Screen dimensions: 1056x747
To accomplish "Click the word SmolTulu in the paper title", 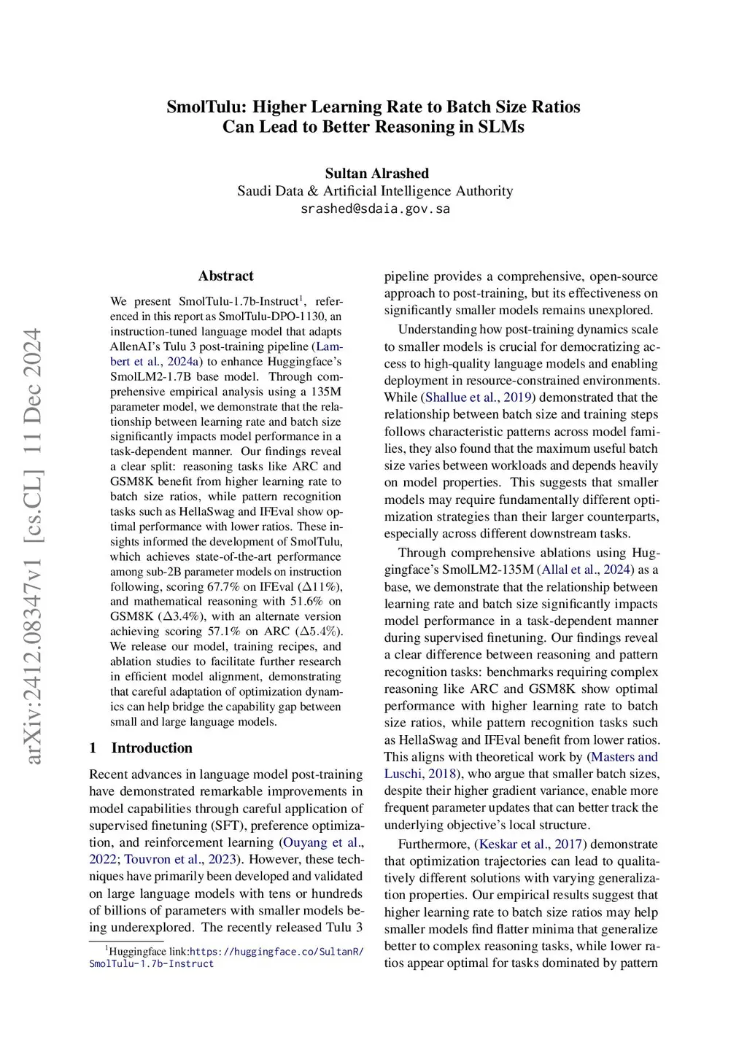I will click(206, 107).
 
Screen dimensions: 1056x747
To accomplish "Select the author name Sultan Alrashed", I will click(376, 174).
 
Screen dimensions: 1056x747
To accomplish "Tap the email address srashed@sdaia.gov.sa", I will click(375, 209).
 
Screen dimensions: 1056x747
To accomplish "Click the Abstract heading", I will click(225, 276).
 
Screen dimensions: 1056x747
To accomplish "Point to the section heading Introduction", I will click(152, 748).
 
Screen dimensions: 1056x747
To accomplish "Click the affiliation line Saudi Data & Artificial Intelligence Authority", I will click(375, 191).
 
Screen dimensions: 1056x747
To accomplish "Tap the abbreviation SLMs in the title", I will click(501, 127).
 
